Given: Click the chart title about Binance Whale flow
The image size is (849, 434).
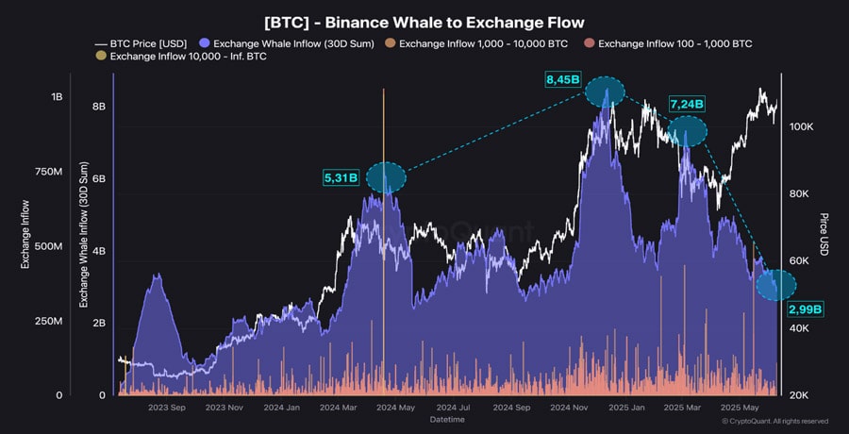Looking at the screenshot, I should tap(424, 21).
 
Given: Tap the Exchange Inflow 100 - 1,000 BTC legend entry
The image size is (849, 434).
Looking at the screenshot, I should tap(674, 43).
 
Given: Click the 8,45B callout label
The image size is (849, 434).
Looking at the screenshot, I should tap(562, 80).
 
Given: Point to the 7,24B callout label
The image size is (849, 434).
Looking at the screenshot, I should tap(687, 103).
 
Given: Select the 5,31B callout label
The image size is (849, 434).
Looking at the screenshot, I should tap(341, 176).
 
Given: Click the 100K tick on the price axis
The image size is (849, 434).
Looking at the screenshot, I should tap(802, 126).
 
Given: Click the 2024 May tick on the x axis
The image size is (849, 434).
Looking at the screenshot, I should tap(395, 408).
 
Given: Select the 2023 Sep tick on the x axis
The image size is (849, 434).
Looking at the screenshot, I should tap(167, 408).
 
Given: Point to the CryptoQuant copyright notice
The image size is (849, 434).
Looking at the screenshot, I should tap(774, 422).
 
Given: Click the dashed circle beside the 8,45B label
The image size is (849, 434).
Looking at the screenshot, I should tap(605, 92).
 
